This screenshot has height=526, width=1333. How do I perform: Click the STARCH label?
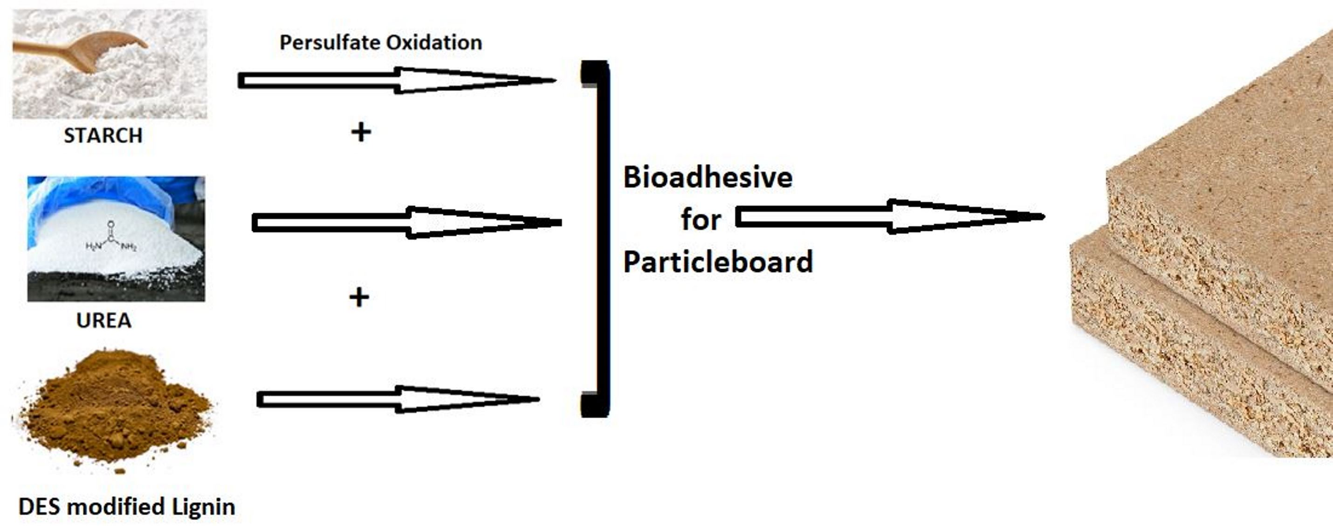(x=103, y=136)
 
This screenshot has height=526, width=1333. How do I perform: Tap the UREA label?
(x=103, y=320)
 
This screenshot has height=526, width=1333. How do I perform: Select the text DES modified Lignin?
(x=127, y=506)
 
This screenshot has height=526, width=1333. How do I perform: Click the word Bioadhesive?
(x=708, y=178)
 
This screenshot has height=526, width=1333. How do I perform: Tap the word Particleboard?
(x=718, y=262)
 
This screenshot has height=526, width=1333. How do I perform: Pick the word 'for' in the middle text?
(x=701, y=220)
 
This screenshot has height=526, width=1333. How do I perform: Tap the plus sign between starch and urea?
(x=361, y=132)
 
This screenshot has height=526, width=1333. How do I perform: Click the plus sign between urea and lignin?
(x=359, y=297)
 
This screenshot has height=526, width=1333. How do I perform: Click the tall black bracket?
(x=601, y=238)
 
